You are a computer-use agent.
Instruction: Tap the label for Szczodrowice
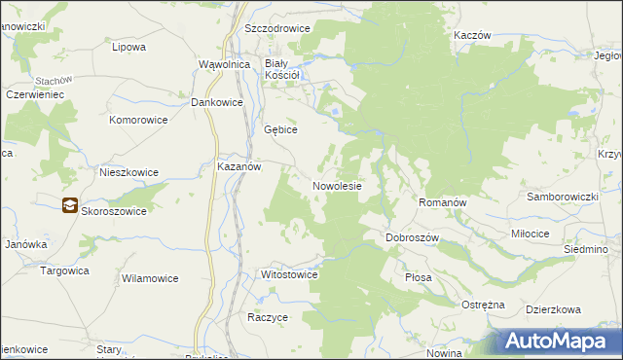pos(277,28)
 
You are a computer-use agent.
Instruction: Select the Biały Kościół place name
pos(286,69)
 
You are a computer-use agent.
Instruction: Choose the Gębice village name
pos(280,129)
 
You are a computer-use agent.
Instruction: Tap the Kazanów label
pos(238,166)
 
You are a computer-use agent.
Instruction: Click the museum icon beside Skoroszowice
pos(69,205)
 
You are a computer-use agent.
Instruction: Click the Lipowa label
pos(128,46)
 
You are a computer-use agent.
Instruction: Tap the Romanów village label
pos(443,202)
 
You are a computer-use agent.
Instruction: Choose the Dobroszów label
pos(414,237)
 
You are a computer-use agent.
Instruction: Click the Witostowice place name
pos(290,275)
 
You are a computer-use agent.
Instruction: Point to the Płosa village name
pos(418,277)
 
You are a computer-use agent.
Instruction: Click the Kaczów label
pos(471,34)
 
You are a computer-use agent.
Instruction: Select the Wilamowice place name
pos(150,278)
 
